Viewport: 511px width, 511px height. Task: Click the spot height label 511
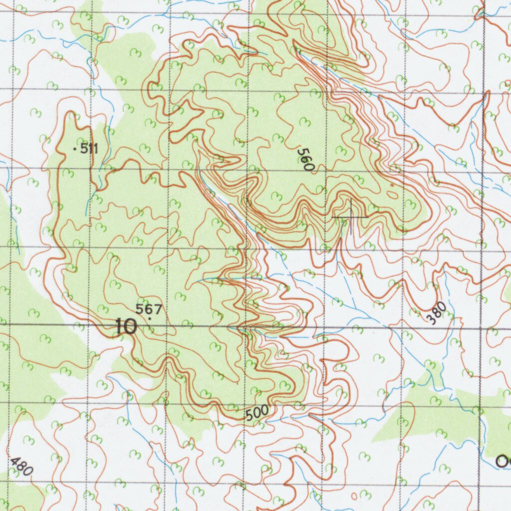[x=89, y=148]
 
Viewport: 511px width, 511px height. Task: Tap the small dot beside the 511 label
[x=75, y=149]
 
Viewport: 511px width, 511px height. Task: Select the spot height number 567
[x=149, y=309]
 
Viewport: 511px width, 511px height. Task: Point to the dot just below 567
[x=150, y=318]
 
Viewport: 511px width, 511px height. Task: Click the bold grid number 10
[x=126, y=327]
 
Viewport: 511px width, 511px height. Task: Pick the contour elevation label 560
[x=305, y=160]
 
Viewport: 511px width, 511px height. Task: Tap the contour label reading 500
[x=256, y=413]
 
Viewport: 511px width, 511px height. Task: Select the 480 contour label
[x=21, y=467]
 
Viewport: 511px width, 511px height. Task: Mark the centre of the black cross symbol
[x=350, y=217]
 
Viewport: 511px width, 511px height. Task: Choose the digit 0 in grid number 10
[x=131, y=327]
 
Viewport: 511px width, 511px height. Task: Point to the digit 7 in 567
[x=158, y=309]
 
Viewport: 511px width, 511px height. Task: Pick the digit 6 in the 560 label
[x=305, y=160]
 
